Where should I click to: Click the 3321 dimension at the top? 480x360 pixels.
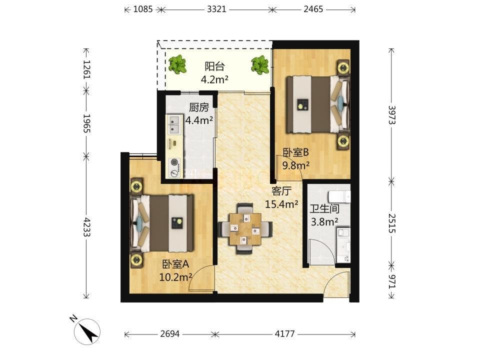tap(216, 9)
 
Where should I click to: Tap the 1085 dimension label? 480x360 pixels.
tap(143, 9)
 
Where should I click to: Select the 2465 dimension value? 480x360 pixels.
tap(313, 9)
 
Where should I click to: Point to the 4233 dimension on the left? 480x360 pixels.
tap(86, 227)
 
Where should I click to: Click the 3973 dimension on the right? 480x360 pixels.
tap(392, 115)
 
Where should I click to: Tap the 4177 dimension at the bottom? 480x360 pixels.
tap(284, 333)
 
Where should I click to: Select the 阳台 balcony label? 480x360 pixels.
tap(214, 66)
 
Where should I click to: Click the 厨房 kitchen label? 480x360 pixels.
tap(199, 107)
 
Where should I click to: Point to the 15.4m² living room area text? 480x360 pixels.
tap(281, 204)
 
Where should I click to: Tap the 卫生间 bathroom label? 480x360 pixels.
tap(324, 209)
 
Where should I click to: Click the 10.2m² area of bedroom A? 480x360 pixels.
tap(175, 277)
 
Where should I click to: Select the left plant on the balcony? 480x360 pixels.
tap(177, 64)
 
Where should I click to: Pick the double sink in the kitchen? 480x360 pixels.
tap(174, 124)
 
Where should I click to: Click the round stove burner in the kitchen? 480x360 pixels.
tap(175, 162)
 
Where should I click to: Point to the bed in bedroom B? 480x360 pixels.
tap(318, 104)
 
